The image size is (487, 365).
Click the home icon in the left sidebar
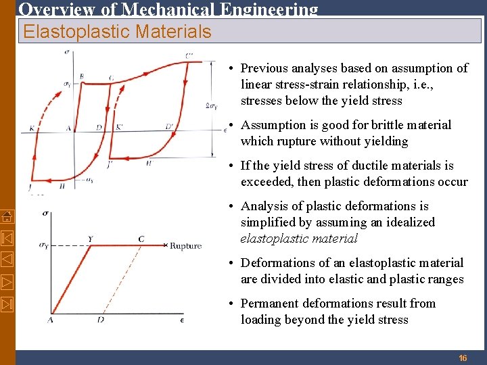tap(7, 216)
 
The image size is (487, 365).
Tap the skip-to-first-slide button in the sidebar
tap(7, 237)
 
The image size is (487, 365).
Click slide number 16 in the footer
tap(463, 358)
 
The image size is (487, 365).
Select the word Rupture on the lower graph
tap(185, 246)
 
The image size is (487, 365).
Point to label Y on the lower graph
tap(90, 239)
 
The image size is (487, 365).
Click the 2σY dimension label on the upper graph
tap(211, 105)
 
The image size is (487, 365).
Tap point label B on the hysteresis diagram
tap(81, 77)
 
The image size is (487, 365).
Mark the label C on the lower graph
tap(141, 239)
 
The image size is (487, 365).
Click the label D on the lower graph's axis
tap(100, 319)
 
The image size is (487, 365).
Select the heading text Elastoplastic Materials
tap(117, 31)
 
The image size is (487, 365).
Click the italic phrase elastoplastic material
tap(299, 239)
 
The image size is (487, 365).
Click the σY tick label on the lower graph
tap(44, 245)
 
